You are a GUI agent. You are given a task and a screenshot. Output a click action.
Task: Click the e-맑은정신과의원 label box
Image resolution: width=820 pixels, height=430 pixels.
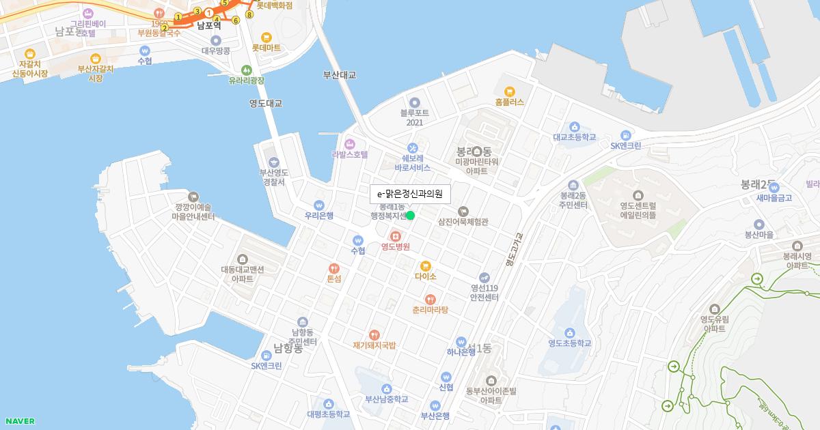(410, 194)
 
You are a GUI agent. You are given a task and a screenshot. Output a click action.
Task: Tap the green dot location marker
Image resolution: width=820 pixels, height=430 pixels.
(411, 216)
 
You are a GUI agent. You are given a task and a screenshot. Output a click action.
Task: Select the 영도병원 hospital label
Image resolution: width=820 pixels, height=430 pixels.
(395, 246)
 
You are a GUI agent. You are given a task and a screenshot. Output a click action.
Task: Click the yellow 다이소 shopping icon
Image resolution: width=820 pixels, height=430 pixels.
(425, 266)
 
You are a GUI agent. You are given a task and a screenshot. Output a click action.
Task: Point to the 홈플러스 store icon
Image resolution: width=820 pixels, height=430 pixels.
(509, 91)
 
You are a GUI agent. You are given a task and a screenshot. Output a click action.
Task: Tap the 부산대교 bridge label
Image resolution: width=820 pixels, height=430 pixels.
(340, 75)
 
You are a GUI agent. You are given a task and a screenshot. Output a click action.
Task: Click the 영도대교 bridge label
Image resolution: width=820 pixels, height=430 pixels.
(266, 103)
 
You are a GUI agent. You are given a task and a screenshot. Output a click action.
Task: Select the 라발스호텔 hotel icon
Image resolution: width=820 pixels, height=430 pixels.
(350, 143)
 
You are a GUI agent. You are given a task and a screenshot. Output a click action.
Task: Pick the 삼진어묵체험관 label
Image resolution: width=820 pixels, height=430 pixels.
(463, 221)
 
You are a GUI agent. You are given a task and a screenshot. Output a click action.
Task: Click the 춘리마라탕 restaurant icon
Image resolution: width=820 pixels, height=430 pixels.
(430, 299)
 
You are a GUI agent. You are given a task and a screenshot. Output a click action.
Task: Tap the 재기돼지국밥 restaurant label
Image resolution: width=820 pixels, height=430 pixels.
(374, 345)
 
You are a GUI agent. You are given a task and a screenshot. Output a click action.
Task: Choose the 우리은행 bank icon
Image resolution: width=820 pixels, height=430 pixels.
(318, 205)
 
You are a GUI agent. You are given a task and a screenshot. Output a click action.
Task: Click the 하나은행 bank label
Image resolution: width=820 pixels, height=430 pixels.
(461, 352)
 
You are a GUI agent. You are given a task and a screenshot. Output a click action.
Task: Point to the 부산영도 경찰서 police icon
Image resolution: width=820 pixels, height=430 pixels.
(274, 162)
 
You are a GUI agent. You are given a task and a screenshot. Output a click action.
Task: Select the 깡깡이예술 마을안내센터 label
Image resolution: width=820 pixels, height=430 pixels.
(194, 212)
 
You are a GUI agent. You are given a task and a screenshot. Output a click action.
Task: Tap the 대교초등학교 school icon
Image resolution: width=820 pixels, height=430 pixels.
(574, 126)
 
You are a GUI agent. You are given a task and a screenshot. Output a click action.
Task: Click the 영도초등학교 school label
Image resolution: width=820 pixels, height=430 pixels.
(569, 343)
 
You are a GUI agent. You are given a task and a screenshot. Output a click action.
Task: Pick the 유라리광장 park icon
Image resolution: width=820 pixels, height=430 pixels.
(246, 70)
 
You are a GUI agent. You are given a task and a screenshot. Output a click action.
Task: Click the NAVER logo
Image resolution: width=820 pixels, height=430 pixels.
(19, 421)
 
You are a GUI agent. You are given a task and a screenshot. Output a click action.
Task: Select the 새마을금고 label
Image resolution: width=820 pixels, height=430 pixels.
(774, 198)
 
